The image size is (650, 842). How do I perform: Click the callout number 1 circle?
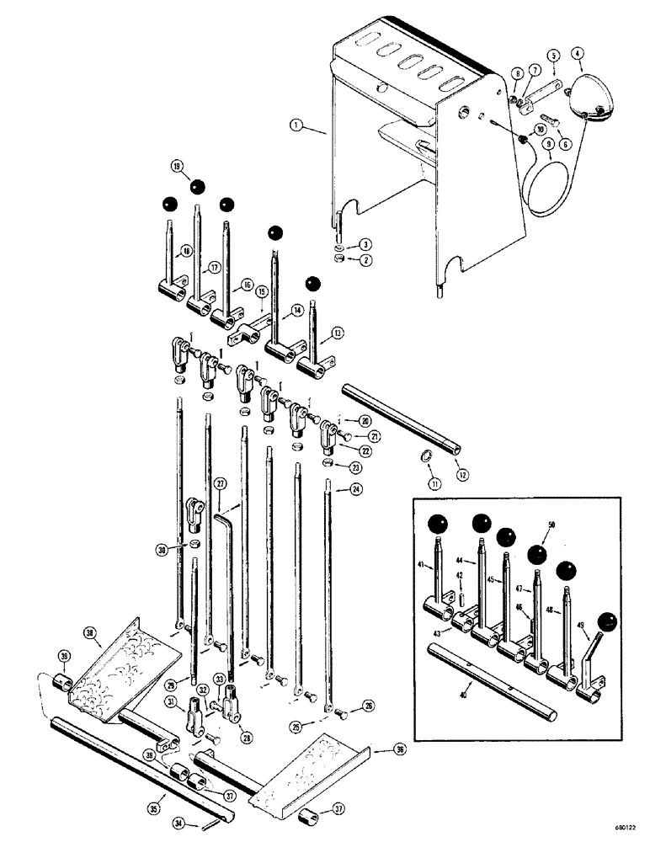coord(295,128)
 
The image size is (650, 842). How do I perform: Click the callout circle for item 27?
coord(221,483)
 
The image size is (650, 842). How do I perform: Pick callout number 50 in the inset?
coord(552,525)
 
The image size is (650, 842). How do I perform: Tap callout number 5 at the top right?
coord(553,56)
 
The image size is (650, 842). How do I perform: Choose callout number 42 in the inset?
coord(460,577)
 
